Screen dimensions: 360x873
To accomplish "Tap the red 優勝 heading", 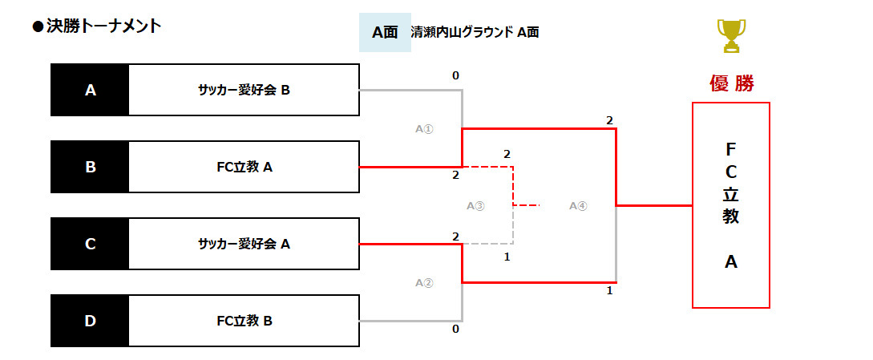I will click(x=731, y=83).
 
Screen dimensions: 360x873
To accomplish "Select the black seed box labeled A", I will click(x=90, y=90).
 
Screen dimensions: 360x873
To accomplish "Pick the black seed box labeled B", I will click(x=90, y=167).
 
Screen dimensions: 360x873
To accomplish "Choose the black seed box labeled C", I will click(x=90, y=244).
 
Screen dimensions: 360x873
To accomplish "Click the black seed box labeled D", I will click(x=90, y=321).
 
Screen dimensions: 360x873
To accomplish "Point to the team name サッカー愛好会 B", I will click(x=244, y=90).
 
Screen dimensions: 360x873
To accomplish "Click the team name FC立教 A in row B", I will click(x=245, y=167).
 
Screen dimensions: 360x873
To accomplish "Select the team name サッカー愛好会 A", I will click(x=244, y=244).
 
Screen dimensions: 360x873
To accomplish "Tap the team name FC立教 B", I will click(x=245, y=321).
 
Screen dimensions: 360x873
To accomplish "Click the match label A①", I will click(x=424, y=128).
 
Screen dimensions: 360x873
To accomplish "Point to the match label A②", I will click(x=424, y=282).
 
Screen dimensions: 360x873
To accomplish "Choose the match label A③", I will click(x=475, y=205).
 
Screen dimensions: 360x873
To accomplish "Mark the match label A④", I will click(x=578, y=205).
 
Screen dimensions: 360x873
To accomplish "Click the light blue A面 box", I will click(x=385, y=33).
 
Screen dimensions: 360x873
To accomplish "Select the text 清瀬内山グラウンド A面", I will click(x=475, y=33).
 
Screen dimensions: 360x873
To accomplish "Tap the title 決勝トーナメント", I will click(x=97, y=26).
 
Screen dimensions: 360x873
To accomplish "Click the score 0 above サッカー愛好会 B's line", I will click(x=455, y=76).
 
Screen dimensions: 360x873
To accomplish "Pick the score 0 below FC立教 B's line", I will click(x=455, y=329).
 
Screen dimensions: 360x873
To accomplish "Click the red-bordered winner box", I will click(x=730, y=204).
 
